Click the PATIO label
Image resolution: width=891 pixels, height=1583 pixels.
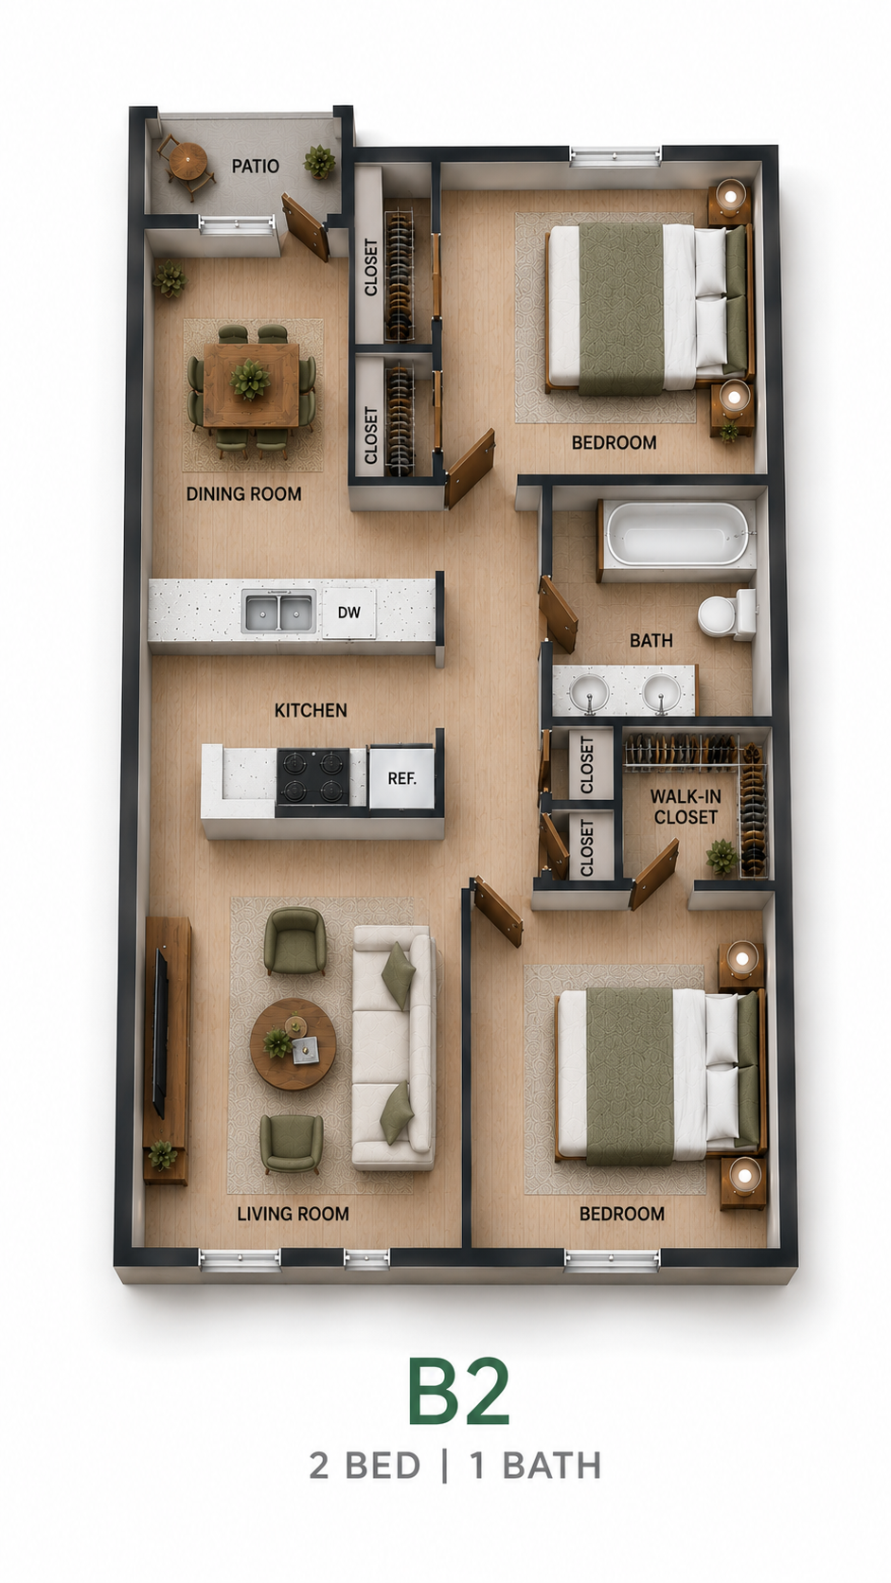[x=255, y=166]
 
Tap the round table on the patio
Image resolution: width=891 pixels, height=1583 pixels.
[x=187, y=161]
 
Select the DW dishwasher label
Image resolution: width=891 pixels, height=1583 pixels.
[x=349, y=613]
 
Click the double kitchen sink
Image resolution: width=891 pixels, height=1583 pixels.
[x=279, y=612]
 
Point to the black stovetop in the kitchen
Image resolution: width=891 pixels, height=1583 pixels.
[x=312, y=776]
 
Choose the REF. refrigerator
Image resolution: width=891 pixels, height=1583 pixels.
[x=401, y=777]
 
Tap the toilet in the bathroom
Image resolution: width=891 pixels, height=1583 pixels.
[x=726, y=614]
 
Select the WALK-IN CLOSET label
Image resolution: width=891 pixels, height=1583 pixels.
[x=686, y=807]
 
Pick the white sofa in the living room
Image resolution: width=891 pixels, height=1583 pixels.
[x=394, y=1047]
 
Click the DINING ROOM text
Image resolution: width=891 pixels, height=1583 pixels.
[x=243, y=494]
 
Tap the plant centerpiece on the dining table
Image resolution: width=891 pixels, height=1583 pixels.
[x=250, y=379]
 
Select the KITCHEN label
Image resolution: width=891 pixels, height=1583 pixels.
[x=311, y=710]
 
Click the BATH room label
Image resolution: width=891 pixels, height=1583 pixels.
[x=650, y=640]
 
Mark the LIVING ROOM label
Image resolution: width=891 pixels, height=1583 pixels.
[x=293, y=1214]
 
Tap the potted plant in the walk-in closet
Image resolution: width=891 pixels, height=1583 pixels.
[x=722, y=857]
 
